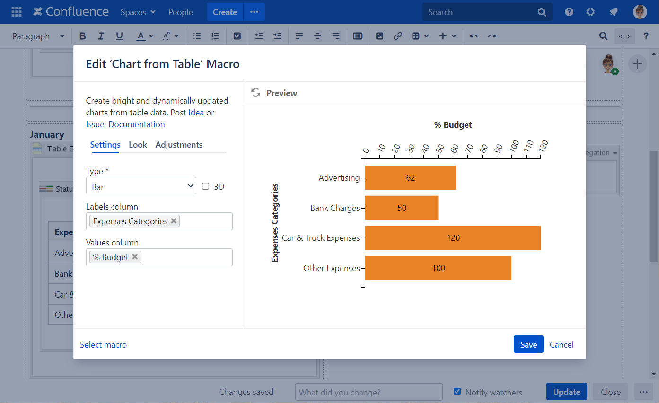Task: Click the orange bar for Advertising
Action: coord(410,178)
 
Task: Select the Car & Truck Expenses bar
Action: coord(453,238)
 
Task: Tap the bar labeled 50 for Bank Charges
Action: coord(402,208)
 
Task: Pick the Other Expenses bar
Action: coord(438,268)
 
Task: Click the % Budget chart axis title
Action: coord(453,125)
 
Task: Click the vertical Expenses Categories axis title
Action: coord(275,223)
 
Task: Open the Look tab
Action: coord(138,145)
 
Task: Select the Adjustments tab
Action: coord(179,145)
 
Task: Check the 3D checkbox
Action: coord(206,186)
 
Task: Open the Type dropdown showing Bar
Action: coord(141,187)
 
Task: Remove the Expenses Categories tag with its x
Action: coord(174,221)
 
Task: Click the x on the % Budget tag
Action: coord(135,257)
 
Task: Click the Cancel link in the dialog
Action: coord(562,345)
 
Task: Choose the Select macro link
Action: coord(103,345)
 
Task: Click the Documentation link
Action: coord(137,124)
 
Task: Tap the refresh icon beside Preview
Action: coord(256,93)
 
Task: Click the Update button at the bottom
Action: coord(566,392)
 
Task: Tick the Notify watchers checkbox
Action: coord(457,392)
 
